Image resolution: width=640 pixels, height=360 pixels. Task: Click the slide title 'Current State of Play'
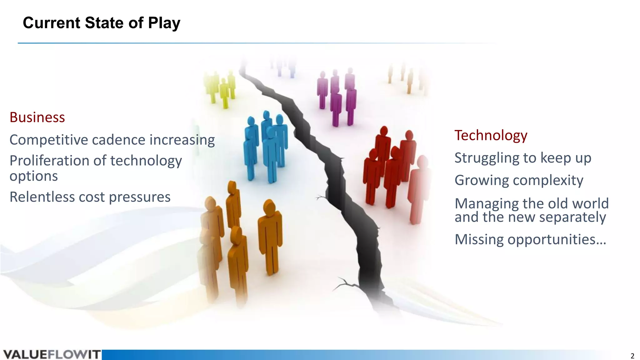tap(102, 23)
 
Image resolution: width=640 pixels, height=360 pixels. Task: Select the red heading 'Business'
tap(37, 117)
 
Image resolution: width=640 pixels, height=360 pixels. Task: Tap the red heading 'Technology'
tap(491, 135)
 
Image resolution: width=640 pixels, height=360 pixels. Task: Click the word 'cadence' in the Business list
tap(119, 140)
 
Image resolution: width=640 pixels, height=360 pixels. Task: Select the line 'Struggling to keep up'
tap(522, 158)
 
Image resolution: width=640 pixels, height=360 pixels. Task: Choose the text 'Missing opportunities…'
tap(530, 239)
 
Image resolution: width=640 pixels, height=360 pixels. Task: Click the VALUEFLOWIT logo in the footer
tap(52, 355)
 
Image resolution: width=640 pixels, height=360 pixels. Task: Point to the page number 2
tap(632, 356)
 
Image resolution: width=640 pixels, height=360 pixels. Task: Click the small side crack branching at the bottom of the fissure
tap(345, 284)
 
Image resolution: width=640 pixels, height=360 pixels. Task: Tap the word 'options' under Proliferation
tap(34, 176)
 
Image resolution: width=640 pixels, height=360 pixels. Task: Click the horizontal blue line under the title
tap(219, 43)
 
